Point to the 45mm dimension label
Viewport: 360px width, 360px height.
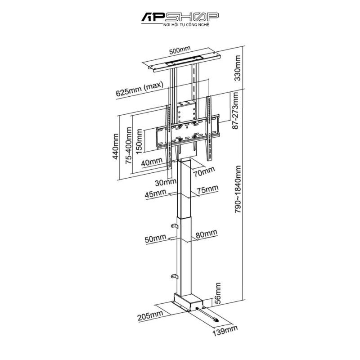156,193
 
